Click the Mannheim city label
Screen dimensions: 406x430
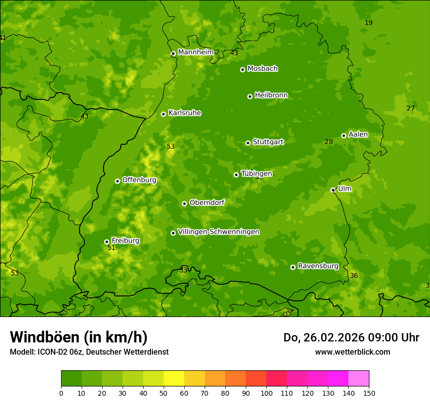click(x=196, y=52)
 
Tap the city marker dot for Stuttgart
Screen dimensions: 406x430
click(x=248, y=143)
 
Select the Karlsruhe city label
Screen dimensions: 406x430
click(x=185, y=113)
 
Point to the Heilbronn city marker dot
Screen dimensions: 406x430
click(x=250, y=96)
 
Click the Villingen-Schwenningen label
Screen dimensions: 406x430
click(x=218, y=232)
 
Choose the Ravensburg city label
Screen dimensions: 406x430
click(x=318, y=266)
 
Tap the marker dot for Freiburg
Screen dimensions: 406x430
click(x=107, y=242)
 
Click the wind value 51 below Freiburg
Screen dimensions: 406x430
click(x=111, y=248)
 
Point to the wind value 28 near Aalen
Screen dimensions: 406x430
click(x=329, y=142)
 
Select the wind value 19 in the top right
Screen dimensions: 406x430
click(x=368, y=23)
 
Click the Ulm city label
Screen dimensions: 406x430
click(x=344, y=189)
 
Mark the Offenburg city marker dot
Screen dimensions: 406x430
click(x=117, y=181)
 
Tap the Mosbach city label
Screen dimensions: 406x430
click(x=262, y=68)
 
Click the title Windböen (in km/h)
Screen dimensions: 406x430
click(x=79, y=337)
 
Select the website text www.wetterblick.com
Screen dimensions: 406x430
click(x=352, y=352)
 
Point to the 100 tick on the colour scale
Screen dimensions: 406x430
click(x=266, y=393)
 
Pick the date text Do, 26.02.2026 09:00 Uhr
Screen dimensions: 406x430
click(x=351, y=338)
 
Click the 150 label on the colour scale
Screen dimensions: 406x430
click(x=369, y=393)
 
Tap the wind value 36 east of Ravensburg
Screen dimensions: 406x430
click(x=354, y=276)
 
